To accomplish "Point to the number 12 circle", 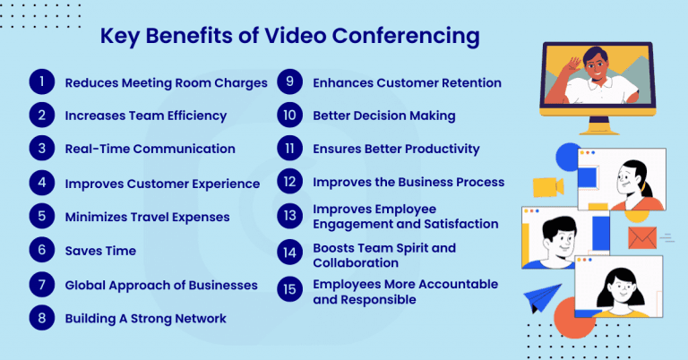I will click(x=289, y=182).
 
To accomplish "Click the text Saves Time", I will click(x=100, y=251).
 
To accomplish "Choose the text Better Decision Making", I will click(x=383, y=116).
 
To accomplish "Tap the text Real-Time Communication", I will click(x=150, y=149).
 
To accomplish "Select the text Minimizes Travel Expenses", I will click(x=147, y=217).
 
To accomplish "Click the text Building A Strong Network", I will click(x=145, y=318).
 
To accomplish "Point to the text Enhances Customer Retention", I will click(x=406, y=82).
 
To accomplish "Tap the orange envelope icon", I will click(x=641, y=237).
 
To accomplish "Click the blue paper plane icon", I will click(x=543, y=299).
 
